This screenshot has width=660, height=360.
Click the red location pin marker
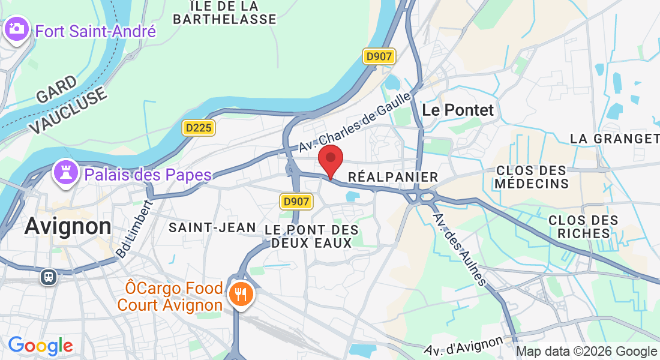[330, 159]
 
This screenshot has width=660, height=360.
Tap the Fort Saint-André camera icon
[16, 29]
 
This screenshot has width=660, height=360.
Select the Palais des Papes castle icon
[67, 173]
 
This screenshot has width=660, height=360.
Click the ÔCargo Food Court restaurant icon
[241, 294]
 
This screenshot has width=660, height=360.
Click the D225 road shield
[198, 128]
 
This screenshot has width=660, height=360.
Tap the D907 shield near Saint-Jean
[296, 202]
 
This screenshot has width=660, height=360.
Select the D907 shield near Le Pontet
[379, 57]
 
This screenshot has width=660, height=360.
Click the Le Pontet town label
[458, 110]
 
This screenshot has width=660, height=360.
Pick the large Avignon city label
[68, 227]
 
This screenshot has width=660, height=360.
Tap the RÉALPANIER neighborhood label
[394, 178]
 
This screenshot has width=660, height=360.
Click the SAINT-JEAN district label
[212, 227]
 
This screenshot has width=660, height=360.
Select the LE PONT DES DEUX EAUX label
[311, 236]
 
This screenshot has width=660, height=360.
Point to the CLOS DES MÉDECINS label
[532, 176]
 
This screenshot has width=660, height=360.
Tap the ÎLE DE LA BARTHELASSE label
[224, 12]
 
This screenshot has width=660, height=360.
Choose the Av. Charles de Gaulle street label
[356, 121]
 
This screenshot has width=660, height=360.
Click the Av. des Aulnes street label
[460, 250]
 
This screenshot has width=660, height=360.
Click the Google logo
[40, 346]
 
